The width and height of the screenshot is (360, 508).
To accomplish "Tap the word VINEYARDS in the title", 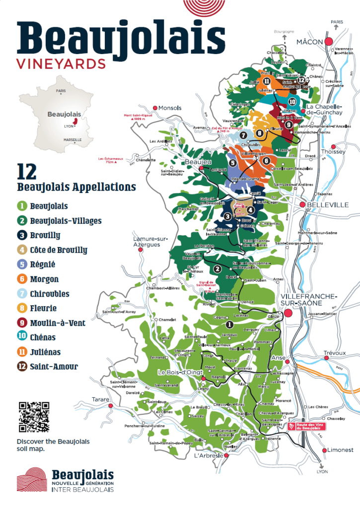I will click(61, 64).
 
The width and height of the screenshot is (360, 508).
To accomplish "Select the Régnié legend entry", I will click(43, 264).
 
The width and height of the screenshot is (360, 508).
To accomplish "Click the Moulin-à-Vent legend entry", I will click(58, 323).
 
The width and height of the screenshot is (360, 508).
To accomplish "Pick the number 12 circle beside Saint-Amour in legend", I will click(22, 367).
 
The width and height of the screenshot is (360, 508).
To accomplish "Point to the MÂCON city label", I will click(310, 42).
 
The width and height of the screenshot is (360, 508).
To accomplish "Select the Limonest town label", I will click(340, 450).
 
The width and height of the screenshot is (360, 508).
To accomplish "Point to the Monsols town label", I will click(170, 108).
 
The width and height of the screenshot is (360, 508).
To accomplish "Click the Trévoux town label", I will click(334, 353).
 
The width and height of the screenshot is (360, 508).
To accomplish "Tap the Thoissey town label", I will click(333, 152).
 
